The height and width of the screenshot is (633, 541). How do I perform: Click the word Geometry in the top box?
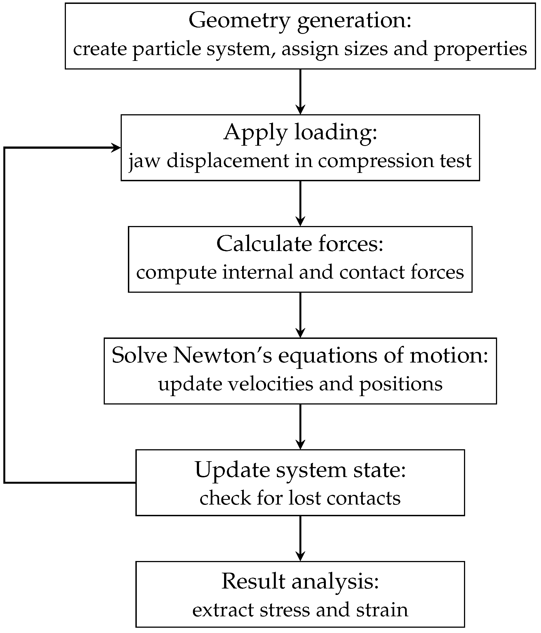[239, 21]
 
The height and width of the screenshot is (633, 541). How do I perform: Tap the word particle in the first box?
[167, 49]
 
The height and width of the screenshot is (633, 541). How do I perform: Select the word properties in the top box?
[480, 49]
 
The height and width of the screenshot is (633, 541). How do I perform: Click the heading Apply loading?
[300, 133]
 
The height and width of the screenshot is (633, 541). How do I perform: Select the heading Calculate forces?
[300, 244]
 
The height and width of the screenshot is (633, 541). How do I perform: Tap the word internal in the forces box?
[258, 272]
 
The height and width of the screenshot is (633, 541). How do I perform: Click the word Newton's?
[222, 356]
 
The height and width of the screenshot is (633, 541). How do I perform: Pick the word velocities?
[271, 384]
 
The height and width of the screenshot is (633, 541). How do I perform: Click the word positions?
[401, 384]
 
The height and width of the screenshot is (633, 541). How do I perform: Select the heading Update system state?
[300, 470]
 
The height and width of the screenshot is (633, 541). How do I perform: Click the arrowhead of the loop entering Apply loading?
[116, 148]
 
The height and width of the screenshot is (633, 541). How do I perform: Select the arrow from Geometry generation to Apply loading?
[300, 92]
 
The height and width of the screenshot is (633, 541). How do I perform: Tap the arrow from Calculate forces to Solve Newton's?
[300, 315]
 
